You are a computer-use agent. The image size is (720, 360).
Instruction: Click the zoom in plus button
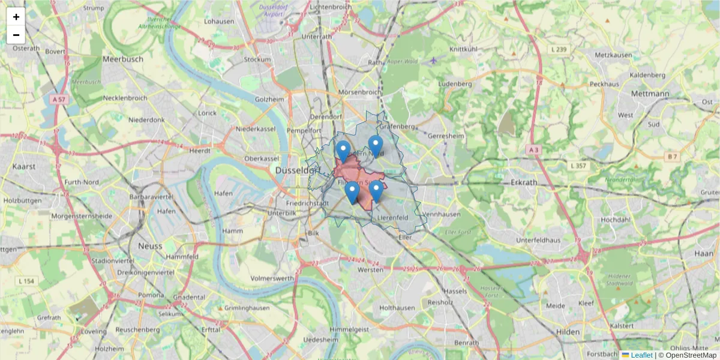[16, 17]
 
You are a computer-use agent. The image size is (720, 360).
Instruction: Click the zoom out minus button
[16, 35]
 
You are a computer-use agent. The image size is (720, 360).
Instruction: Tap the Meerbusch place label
[123, 59]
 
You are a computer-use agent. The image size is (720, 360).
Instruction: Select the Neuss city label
[149, 246]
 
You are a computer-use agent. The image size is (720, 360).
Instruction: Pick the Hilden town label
[568, 332]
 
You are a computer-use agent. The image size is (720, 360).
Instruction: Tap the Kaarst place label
[24, 166]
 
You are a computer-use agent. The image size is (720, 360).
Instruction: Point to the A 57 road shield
[58, 99]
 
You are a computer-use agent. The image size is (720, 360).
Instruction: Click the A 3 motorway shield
[533, 149]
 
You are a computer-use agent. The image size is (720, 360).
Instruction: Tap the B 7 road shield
[673, 157]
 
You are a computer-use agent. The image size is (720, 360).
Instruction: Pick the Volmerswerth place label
[272, 278]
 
